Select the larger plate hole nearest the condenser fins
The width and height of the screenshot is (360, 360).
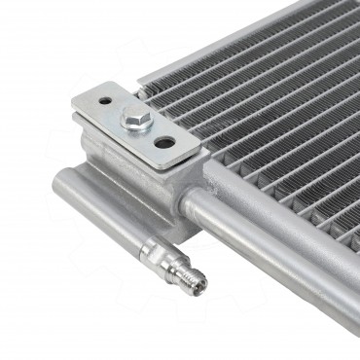click(164, 142)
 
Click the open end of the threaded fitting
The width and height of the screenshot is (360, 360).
click(203, 284)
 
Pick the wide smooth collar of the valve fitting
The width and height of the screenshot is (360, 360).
click(156, 256)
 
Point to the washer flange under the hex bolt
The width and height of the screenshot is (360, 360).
click(134, 127)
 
